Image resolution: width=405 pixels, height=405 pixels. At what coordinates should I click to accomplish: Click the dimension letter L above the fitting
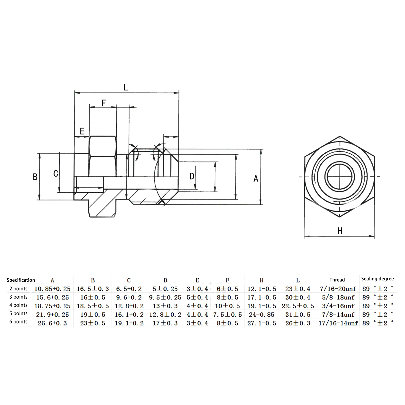pos(126,87)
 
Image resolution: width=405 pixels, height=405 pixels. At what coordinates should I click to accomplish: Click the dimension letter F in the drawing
pos(104,103)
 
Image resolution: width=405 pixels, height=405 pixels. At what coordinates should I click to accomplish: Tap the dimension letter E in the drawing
pos(82,131)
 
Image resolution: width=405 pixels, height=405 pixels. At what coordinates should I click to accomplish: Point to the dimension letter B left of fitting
pos(35,177)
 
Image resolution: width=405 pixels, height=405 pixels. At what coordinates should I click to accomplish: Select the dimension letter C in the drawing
pos(56,173)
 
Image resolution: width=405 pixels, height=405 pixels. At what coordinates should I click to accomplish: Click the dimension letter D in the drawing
pos(192,176)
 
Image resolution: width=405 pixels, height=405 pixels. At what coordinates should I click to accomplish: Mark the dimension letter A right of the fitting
pos(256,179)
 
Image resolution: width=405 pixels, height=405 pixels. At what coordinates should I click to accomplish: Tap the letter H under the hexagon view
pos(340,231)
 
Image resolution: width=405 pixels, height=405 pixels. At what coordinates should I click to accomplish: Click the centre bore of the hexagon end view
pos(339,176)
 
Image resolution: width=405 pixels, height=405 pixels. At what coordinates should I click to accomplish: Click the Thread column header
pos(337,280)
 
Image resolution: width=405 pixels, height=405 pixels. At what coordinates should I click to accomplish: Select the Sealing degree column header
pos(377,279)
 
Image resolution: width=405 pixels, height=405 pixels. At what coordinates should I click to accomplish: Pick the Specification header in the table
pos(21,280)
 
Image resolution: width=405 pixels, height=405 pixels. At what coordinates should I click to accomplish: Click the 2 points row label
pos(18,289)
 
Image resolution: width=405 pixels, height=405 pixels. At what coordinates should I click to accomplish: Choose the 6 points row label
pos(18,322)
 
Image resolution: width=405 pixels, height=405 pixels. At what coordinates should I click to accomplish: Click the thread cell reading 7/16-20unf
pos(338,289)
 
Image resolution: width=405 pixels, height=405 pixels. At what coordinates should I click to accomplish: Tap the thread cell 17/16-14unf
pos(338,323)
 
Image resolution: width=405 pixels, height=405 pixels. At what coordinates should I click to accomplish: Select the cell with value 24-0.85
pos(261,315)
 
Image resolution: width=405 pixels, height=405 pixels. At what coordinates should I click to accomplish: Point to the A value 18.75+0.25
pos(52,306)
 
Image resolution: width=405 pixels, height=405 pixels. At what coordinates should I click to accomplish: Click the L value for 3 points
pos(298,297)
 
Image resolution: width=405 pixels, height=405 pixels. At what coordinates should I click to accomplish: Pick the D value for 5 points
pos(165,315)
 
